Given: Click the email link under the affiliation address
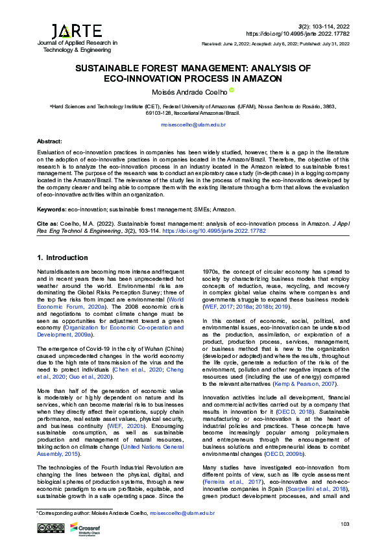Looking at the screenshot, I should pyautogui.click(x=193, y=124).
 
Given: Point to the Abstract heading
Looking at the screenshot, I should pyautogui.click(x=49, y=141).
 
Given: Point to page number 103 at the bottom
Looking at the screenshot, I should pyautogui.click(x=344, y=524).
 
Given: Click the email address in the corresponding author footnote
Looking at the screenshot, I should pyautogui.click(x=184, y=513).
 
